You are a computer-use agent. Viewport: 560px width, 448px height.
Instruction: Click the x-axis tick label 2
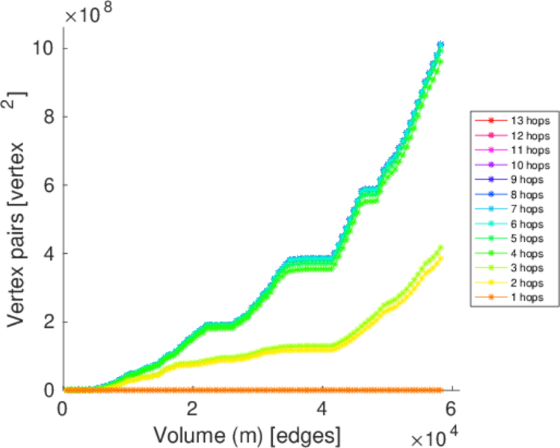click(193, 410)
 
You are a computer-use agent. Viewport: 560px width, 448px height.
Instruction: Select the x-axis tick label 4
click(322, 410)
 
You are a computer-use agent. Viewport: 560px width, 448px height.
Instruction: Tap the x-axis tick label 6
click(452, 410)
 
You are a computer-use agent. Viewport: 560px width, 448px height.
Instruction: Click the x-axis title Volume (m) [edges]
click(247, 434)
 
